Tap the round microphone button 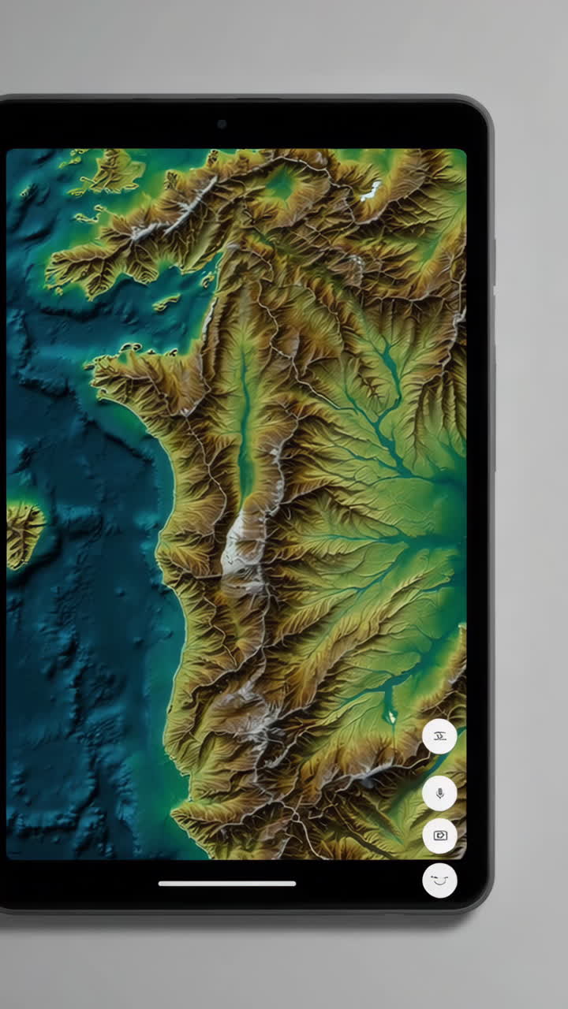439,793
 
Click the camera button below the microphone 439,836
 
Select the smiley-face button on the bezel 439,880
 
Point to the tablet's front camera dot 222,124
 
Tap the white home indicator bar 227,884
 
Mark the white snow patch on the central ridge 237,544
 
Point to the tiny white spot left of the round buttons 391,717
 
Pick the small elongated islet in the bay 167,302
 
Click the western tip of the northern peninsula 51,268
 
